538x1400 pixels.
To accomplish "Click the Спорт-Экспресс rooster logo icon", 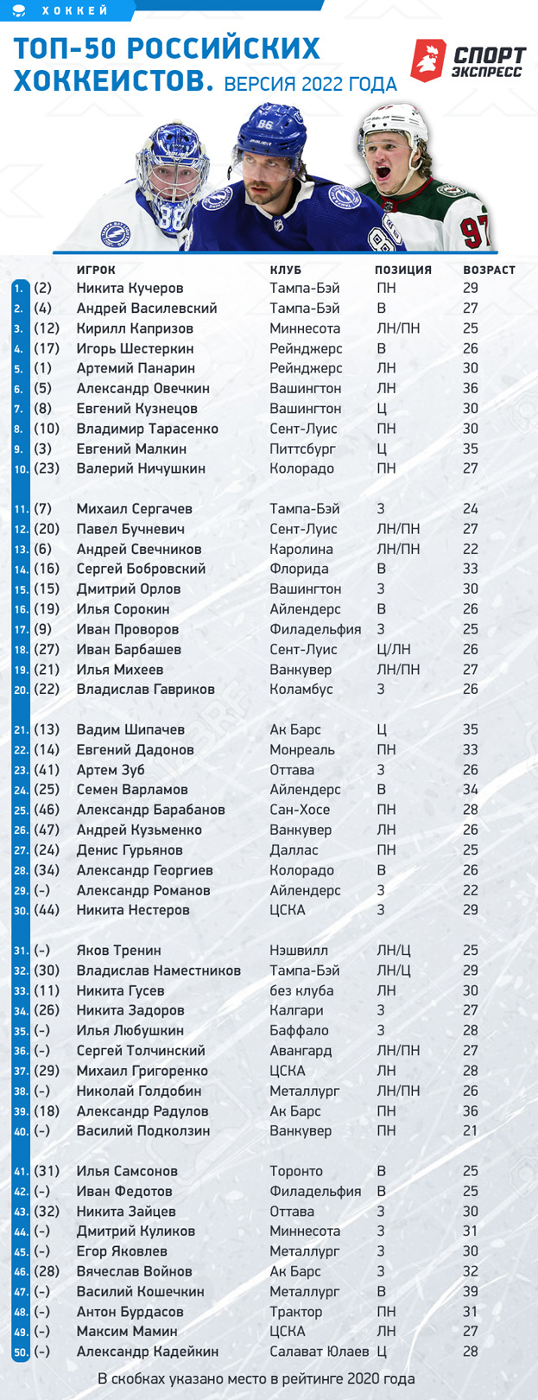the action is tap(427, 60).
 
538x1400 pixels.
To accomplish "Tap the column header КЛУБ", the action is tap(285, 270).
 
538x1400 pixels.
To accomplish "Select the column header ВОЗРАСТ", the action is tap(489, 270).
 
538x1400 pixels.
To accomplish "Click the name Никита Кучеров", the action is tap(130, 289).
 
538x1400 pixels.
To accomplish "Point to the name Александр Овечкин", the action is tap(142, 389).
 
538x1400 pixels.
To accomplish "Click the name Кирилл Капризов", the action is tap(135, 328).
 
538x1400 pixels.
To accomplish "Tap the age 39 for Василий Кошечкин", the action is tap(471, 1292).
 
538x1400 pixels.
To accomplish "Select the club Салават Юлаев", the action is tap(319, 1352).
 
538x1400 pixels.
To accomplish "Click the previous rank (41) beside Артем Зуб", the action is tap(47, 770).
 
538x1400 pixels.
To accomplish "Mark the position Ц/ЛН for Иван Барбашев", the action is tap(394, 650).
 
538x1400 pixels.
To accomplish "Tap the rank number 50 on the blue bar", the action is tap(20, 1352).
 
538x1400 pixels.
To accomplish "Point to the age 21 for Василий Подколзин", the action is tap(471, 1131).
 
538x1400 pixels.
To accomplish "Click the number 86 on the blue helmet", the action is tap(264, 124).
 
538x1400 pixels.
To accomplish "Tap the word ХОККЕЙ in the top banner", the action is tap(75, 11).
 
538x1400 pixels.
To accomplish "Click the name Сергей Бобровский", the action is tap(141, 570).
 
